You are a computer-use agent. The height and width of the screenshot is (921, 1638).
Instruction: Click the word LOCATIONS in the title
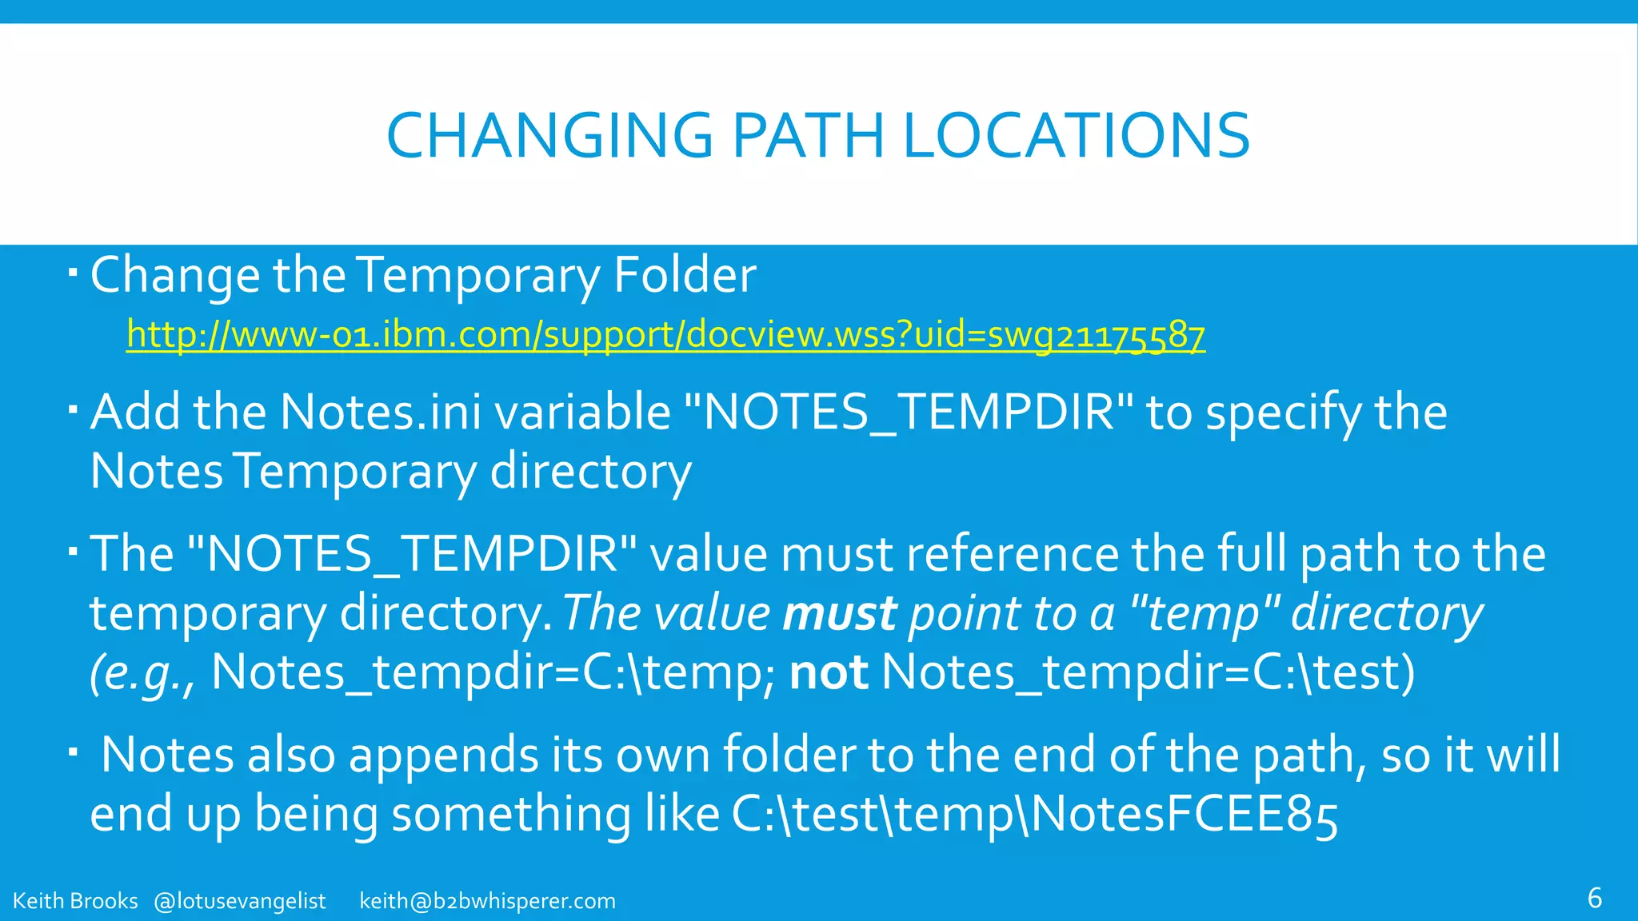tap(1077, 136)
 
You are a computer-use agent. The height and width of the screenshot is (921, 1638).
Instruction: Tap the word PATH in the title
tap(808, 136)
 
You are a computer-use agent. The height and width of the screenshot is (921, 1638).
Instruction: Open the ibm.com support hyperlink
tap(665, 334)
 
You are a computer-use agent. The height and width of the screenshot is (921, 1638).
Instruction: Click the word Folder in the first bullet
tap(685, 275)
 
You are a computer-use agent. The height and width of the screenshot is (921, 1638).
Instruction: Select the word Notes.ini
tap(381, 413)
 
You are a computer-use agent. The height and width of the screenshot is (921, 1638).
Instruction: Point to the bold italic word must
tap(840, 614)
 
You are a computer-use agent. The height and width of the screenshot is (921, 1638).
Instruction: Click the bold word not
tap(829, 672)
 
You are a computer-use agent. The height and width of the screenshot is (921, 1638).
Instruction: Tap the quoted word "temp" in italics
tap(1207, 614)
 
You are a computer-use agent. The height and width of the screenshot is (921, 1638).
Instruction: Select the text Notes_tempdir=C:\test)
tap(1148, 672)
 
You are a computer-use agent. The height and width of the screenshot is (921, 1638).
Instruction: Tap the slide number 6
tap(1594, 898)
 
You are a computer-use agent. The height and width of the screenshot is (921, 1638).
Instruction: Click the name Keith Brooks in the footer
tap(75, 901)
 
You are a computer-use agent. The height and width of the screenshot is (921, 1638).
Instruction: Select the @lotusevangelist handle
tap(239, 901)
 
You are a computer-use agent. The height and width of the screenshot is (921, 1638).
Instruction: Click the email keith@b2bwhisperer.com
tap(487, 901)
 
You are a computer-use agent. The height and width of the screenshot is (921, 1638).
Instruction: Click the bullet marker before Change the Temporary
tap(73, 274)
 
